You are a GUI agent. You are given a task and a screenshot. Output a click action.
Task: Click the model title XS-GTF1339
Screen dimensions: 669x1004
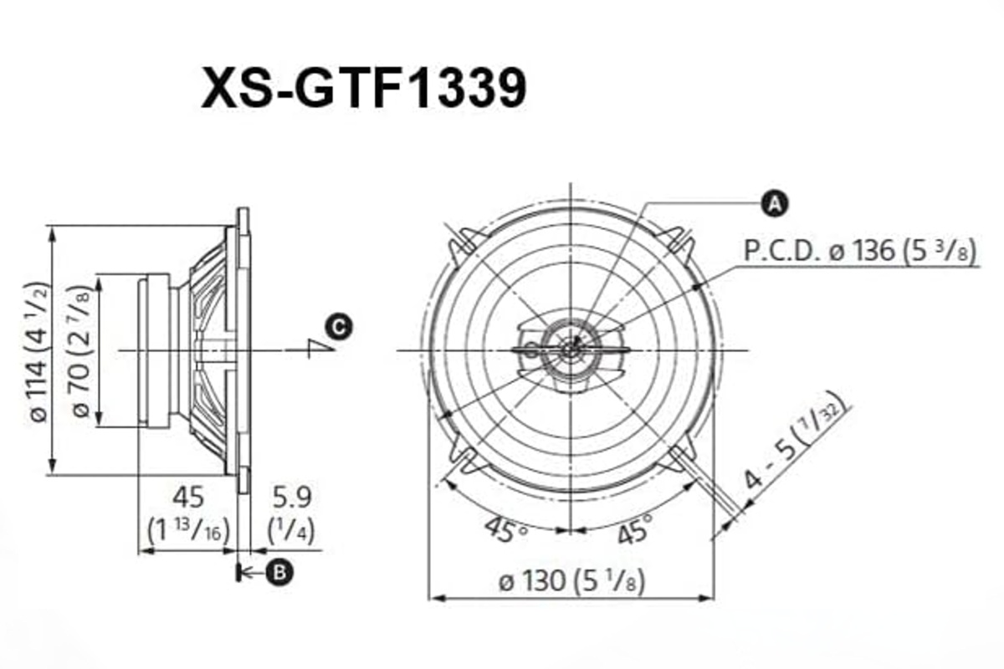pyautogui.click(x=364, y=88)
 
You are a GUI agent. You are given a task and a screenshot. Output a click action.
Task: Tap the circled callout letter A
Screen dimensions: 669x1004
pyautogui.click(x=776, y=202)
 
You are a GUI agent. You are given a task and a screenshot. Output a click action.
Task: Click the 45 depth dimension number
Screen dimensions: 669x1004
pyautogui.click(x=187, y=498)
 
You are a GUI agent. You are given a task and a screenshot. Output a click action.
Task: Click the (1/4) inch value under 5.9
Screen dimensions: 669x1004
pyautogui.click(x=290, y=530)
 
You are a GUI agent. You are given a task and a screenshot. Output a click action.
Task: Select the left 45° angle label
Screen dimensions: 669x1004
pyautogui.click(x=505, y=528)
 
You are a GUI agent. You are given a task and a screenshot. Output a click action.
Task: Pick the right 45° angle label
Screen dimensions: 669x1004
pyautogui.click(x=633, y=528)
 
